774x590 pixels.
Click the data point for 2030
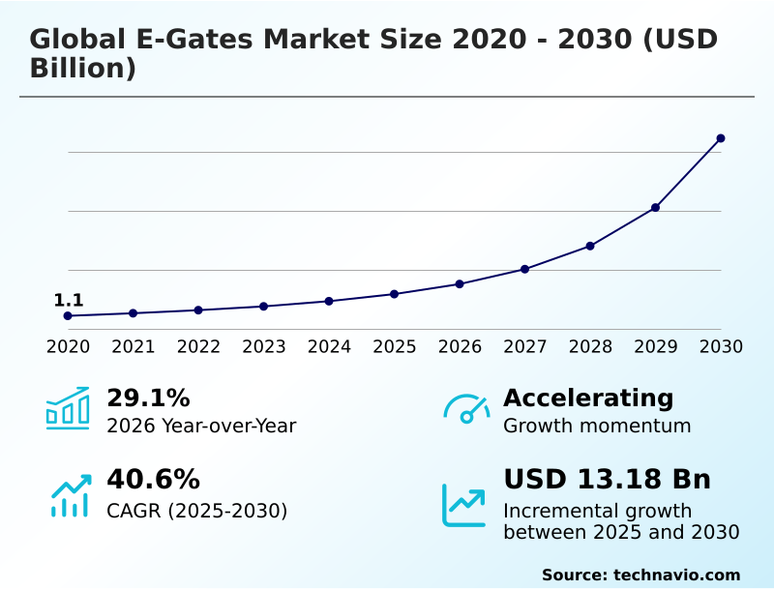(721, 138)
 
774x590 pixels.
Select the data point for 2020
(68, 316)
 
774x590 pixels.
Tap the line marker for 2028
(590, 246)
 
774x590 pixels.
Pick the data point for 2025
(395, 294)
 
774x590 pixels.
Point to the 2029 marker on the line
(655, 208)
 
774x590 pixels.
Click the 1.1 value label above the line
(69, 301)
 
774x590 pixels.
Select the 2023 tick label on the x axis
(264, 347)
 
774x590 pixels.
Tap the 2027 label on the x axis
(525, 347)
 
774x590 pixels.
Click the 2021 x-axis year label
(134, 347)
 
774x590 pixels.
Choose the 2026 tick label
(460, 347)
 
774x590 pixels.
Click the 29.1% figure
(148, 398)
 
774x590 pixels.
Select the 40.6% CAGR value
(153, 480)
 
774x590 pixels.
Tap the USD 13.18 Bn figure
(607, 480)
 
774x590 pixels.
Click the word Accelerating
(588, 398)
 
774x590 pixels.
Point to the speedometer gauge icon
(466, 409)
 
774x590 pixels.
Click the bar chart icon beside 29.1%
(68, 408)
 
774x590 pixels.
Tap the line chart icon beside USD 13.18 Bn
(464, 505)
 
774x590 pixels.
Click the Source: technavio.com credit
(640, 575)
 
